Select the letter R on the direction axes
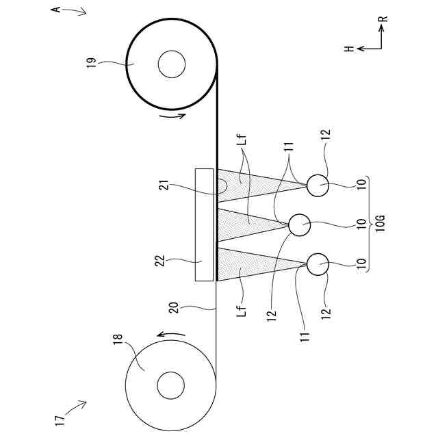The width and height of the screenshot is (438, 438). tap(385, 19)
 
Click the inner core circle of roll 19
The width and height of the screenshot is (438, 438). tap(171, 66)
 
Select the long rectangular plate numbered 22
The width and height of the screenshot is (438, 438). tap(205, 224)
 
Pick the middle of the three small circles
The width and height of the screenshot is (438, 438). tap(299, 224)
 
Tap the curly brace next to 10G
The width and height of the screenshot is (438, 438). tap(367, 223)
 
